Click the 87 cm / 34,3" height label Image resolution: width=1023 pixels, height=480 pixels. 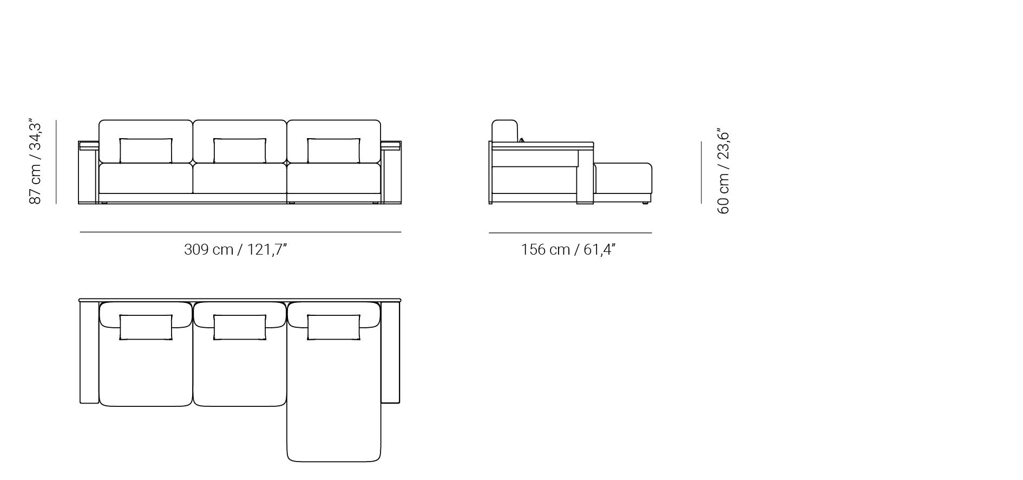[35, 162]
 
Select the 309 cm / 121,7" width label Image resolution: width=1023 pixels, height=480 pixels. [235, 250]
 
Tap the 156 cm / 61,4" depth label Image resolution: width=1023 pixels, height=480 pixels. [568, 250]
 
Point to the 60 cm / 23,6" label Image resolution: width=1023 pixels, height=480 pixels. [723, 171]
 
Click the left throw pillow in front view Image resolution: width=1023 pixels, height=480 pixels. [146, 151]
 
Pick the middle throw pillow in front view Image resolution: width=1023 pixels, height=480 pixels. [240, 151]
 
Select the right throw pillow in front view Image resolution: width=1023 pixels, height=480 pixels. [333, 151]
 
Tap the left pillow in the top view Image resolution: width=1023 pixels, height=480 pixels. [146, 327]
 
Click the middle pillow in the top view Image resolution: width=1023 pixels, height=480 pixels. [240, 327]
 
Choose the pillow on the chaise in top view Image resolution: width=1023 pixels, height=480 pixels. [333, 327]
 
